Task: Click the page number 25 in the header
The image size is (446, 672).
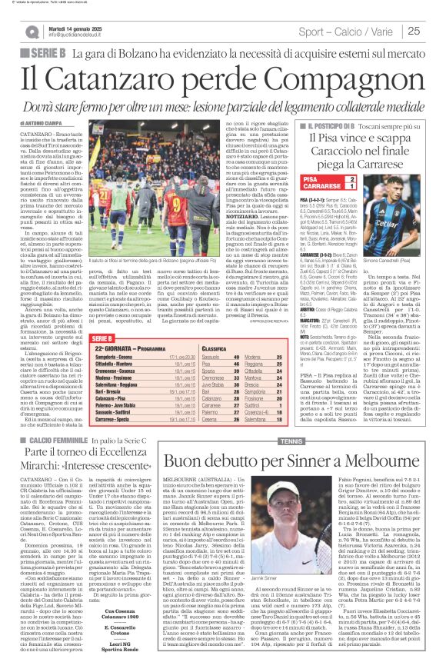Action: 413,32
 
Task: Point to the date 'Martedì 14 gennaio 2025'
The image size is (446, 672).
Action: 76,27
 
